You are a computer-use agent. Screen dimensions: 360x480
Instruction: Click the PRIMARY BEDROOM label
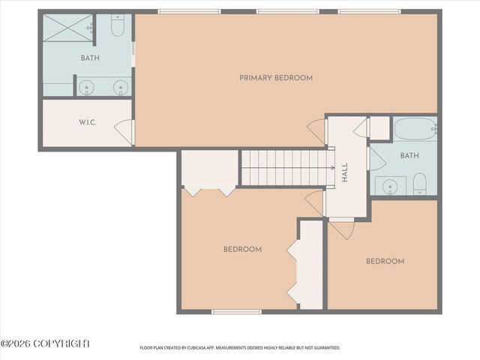point(276,78)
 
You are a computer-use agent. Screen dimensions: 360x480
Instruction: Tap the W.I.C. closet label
point(88,123)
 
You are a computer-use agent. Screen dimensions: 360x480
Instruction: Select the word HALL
point(345,174)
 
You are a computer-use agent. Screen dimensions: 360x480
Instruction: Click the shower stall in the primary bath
point(66,30)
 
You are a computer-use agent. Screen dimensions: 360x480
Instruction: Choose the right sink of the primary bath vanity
point(118,87)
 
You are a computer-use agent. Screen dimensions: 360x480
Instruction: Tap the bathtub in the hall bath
point(414,130)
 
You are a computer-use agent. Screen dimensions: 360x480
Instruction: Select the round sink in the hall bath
point(389,185)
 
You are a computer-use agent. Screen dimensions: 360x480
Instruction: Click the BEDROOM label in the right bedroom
point(385,262)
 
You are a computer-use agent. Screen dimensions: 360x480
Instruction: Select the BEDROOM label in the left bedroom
point(242,250)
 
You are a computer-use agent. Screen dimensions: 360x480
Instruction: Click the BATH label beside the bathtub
point(409,156)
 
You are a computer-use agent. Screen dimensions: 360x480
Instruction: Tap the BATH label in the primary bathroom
point(91,58)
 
